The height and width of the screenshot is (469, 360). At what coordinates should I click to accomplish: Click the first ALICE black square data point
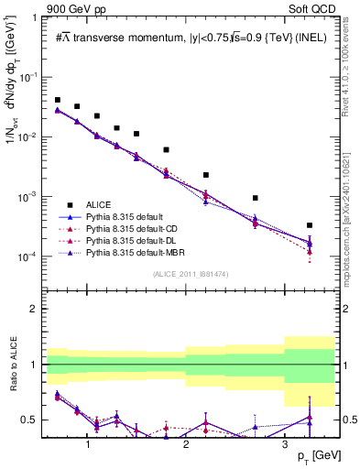coord(58,100)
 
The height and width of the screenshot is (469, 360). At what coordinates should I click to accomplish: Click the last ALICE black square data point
coord(310,225)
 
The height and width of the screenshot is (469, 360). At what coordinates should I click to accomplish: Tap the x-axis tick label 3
coord(285,444)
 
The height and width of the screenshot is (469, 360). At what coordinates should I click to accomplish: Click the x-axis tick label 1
coord(87,444)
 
